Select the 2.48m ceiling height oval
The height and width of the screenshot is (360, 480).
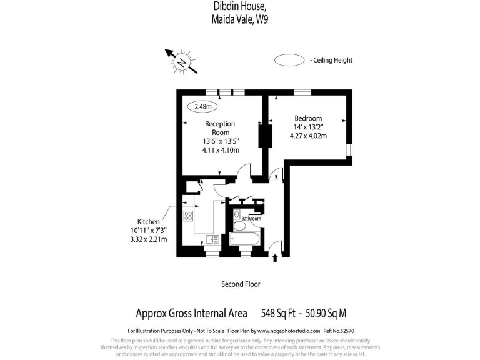tap(202, 106)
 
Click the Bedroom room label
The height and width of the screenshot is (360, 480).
tap(308, 119)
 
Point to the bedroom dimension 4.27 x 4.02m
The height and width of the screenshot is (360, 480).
tap(308, 136)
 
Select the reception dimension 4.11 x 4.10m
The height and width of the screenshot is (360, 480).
tap(221, 150)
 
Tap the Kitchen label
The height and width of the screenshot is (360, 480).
tap(148, 222)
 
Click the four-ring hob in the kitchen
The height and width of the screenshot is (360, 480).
tap(188, 216)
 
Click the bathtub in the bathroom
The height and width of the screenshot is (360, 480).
tap(245, 239)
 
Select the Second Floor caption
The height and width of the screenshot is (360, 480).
tap(241, 284)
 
